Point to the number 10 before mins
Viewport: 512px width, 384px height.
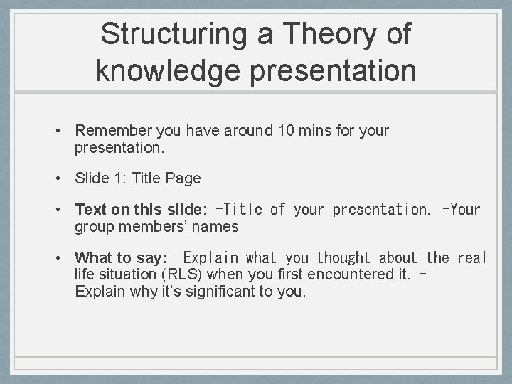click(287, 131)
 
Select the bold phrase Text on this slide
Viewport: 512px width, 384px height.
click(141, 210)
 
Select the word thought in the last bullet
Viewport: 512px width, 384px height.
click(343, 258)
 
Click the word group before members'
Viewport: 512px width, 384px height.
click(94, 227)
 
